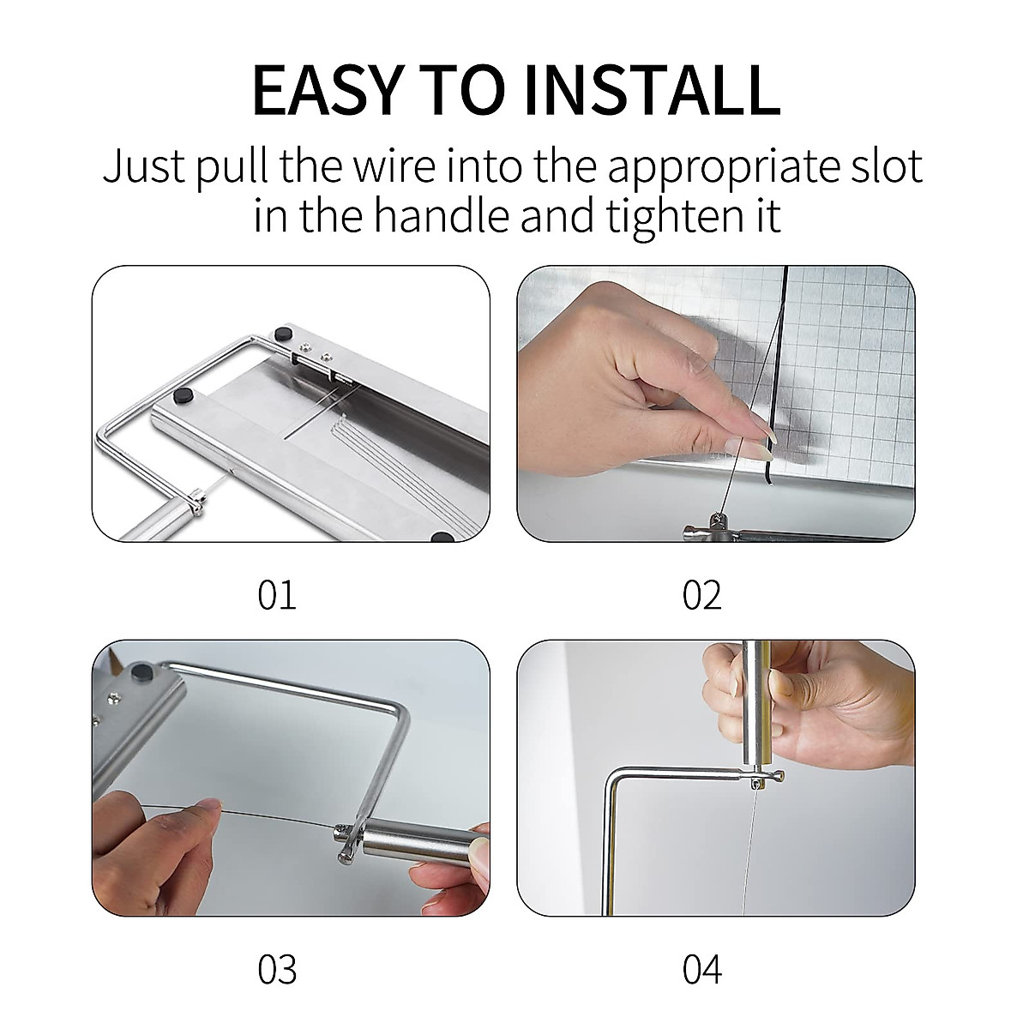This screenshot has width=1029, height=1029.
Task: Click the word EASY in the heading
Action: coord(325,91)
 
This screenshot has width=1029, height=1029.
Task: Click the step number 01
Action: coord(277,595)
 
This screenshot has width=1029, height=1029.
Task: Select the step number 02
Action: coord(701,595)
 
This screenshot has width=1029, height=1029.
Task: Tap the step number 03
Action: coord(277,969)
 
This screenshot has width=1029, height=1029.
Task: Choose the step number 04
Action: coord(702,969)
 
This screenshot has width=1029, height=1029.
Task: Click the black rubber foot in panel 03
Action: coord(142,671)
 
